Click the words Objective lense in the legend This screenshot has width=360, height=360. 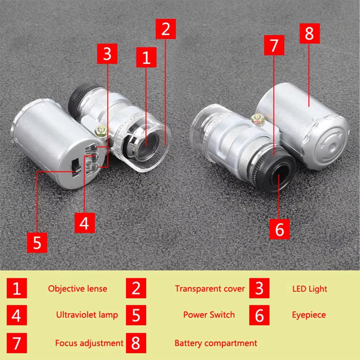pyautogui.click(x=77, y=289)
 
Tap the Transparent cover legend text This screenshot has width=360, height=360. pyautogui.click(x=210, y=289)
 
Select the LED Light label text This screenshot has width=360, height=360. pyautogui.click(x=310, y=289)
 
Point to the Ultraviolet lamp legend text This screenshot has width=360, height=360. pyautogui.click(x=87, y=315)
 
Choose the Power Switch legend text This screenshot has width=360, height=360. pyautogui.click(x=209, y=315)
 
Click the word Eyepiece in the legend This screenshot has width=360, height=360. pyautogui.click(x=309, y=315)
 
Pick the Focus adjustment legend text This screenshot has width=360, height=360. pyautogui.click(x=89, y=343)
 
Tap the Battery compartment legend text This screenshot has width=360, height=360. pyautogui.click(x=216, y=343)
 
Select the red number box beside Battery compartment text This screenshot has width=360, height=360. pyautogui.click(x=136, y=343)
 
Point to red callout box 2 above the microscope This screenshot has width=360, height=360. pyautogui.click(x=166, y=29)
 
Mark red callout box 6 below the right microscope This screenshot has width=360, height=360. pyautogui.click(x=280, y=229)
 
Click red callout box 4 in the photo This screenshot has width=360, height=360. pyautogui.click(x=85, y=223)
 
